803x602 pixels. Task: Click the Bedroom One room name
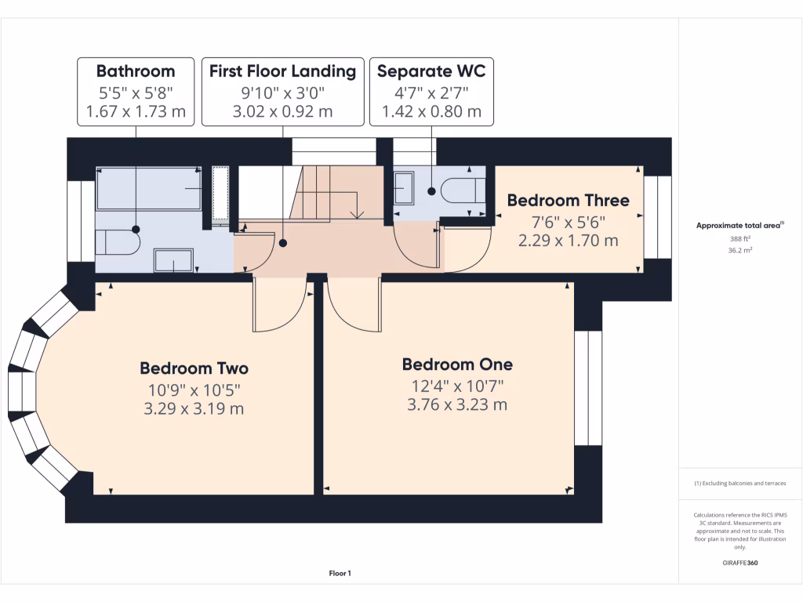[457, 364]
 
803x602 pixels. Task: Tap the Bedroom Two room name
[194, 368]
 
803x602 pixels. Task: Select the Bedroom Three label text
[568, 201]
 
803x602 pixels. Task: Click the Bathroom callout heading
[135, 71]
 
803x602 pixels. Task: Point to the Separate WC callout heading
[431, 71]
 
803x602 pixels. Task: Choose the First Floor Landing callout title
[282, 71]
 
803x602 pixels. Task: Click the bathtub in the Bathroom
[148, 189]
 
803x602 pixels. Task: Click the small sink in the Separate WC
[403, 190]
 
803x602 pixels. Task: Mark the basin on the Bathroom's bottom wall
[173, 260]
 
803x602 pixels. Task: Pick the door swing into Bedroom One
[354, 306]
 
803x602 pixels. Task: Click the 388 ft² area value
[740, 239]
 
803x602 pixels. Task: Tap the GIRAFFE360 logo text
[740, 563]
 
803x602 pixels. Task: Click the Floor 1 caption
[340, 574]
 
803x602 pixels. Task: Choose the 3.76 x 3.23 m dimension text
[457, 405]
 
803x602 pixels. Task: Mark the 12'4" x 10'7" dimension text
[457, 386]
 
